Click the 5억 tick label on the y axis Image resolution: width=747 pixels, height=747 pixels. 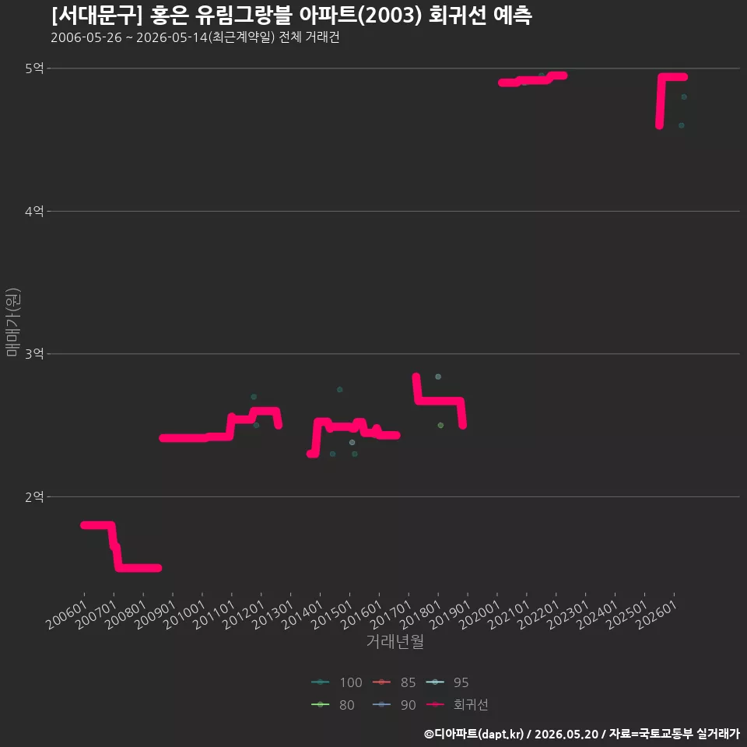(x=34, y=68)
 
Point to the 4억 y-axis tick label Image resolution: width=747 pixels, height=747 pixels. (x=34, y=211)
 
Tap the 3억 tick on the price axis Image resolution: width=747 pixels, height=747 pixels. (x=34, y=353)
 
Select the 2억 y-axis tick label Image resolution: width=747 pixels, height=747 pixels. (x=34, y=497)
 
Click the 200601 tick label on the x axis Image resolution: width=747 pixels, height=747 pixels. (x=67, y=615)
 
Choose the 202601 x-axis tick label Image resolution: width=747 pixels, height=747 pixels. (x=657, y=615)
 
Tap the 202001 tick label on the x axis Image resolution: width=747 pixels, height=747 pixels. (x=480, y=615)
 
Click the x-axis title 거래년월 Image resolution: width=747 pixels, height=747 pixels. (x=395, y=641)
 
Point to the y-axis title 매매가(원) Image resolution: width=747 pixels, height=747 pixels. (x=13, y=322)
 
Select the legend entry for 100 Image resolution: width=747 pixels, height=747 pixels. (x=337, y=682)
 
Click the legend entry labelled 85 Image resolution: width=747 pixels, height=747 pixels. (x=394, y=682)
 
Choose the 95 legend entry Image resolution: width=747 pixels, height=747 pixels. (x=447, y=682)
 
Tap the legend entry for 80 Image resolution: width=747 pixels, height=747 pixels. (x=332, y=705)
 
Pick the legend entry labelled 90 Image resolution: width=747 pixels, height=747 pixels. (x=394, y=705)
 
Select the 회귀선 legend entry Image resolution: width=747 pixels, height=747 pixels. (x=457, y=705)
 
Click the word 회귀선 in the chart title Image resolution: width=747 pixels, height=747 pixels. (x=458, y=16)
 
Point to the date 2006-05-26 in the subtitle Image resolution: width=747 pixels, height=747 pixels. (x=86, y=37)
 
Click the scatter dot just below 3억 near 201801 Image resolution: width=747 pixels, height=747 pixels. (x=438, y=377)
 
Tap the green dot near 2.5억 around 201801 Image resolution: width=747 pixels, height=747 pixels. (x=440, y=426)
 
